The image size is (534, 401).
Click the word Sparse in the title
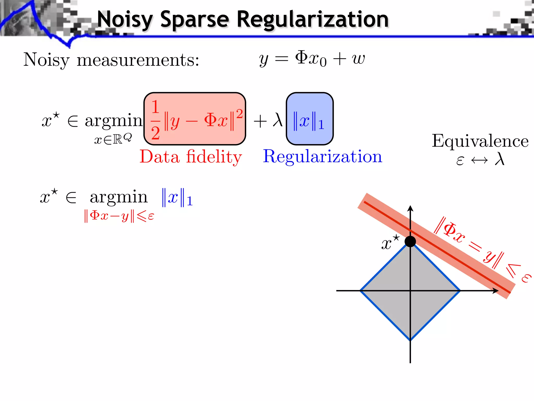(195, 20)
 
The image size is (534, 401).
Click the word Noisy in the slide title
(125, 20)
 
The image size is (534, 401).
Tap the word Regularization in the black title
(313, 20)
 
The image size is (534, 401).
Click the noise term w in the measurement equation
(359, 59)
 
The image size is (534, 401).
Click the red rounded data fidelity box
(195, 119)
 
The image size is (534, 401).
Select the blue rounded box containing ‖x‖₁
(310, 119)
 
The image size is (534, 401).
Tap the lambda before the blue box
(277, 120)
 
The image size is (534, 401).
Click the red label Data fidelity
(191, 157)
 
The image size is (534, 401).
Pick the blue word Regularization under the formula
(322, 157)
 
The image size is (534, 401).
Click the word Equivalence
(480, 141)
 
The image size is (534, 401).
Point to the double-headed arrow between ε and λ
(479, 160)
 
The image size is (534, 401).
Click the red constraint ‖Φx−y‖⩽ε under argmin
(119, 216)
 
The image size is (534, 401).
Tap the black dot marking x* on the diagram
(410, 241)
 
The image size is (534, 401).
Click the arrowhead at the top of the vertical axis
(410, 208)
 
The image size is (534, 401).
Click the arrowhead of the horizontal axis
(495, 291)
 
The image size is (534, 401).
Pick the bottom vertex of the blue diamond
(410, 340)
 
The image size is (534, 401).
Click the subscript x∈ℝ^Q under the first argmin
(113, 139)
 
